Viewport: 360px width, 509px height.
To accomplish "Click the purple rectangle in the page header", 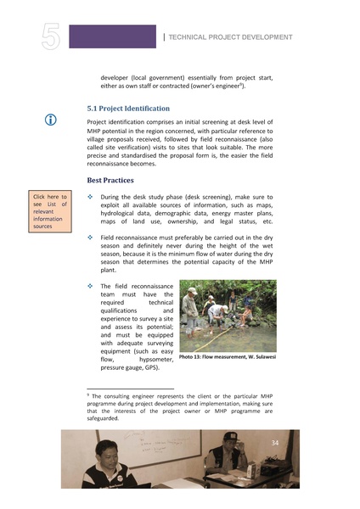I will click(112, 36).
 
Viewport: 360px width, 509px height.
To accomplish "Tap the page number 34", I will click(274, 444).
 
